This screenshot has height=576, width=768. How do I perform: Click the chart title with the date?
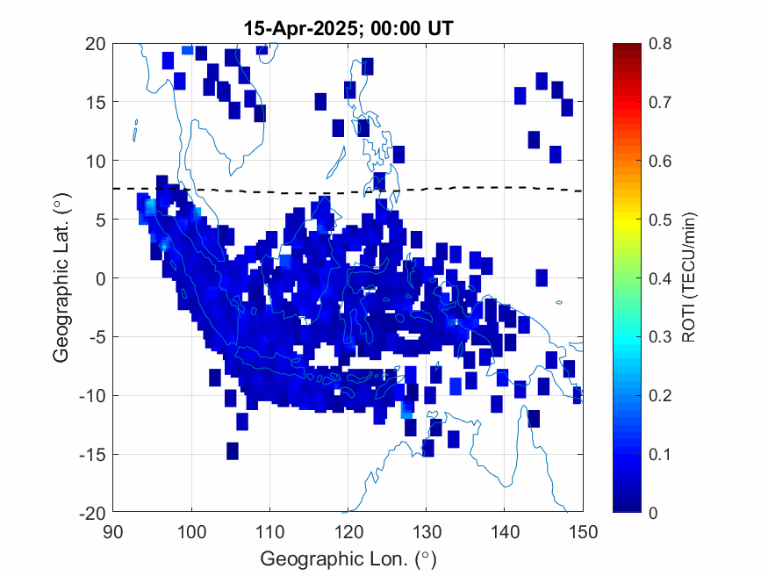click(348, 29)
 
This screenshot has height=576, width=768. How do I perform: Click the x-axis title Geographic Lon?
click(348, 558)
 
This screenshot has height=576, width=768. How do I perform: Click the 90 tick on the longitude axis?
click(113, 531)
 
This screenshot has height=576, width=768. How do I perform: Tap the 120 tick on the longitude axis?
click(348, 531)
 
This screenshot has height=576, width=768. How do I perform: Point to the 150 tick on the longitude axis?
click(584, 531)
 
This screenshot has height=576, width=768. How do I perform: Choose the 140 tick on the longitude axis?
click(506, 531)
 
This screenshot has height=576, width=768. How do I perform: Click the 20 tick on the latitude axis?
click(96, 44)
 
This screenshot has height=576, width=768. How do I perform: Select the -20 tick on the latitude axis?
click(92, 513)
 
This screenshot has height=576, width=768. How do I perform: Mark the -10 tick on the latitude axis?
click(92, 396)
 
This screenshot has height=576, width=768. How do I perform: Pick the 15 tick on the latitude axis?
click(96, 103)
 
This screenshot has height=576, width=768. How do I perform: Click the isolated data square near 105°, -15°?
click(233, 450)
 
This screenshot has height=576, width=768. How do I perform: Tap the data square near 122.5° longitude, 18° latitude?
click(367, 67)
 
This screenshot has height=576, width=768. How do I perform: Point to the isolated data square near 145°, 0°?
click(542, 277)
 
